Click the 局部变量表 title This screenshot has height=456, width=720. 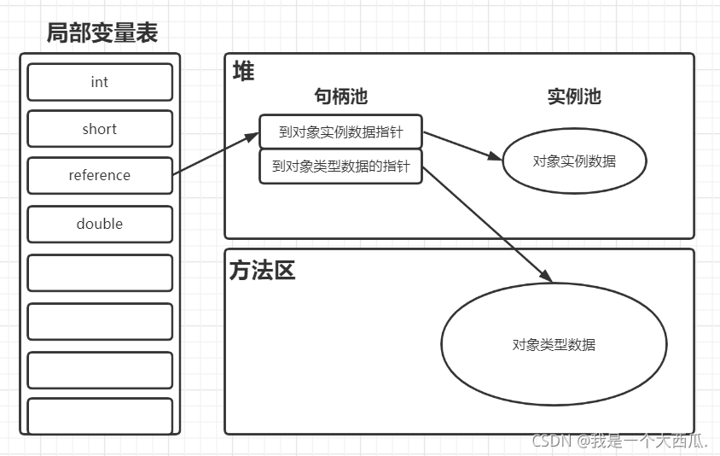[x=102, y=32]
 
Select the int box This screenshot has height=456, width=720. [x=100, y=82]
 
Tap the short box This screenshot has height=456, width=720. [x=100, y=129]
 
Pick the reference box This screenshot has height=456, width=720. [x=100, y=176]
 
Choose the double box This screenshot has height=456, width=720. [x=100, y=224]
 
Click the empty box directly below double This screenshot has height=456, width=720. [x=100, y=273]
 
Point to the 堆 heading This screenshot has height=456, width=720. [x=244, y=72]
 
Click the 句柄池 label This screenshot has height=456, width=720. [x=340, y=96]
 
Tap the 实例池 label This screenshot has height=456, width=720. [x=574, y=96]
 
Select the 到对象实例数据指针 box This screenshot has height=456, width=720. [x=340, y=132]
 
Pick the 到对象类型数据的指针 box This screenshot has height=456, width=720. [x=340, y=167]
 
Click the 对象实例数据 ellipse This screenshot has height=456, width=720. [x=574, y=161]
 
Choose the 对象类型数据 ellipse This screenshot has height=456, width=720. [x=554, y=345]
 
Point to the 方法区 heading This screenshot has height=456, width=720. [x=262, y=272]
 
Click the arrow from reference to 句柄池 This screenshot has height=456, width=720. [x=215, y=154]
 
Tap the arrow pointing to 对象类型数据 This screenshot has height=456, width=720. [x=486, y=222]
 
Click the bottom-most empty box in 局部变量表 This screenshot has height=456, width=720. [x=100, y=415]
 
